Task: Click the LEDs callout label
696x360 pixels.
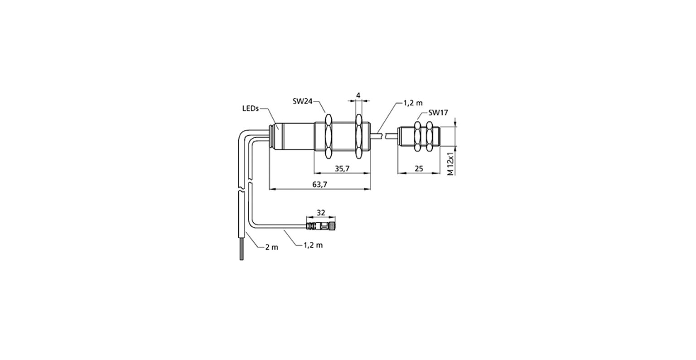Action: (251, 109)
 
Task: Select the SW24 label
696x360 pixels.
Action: (302, 101)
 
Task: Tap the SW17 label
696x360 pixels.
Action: (438, 113)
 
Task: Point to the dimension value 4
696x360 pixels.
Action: (358, 96)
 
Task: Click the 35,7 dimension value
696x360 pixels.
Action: (342, 168)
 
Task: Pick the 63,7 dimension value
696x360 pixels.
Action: (320, 184)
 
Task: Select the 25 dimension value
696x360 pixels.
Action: (419, 168)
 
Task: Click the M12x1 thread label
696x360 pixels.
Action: (450, 163)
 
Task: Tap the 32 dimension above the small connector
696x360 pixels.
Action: (321, 212)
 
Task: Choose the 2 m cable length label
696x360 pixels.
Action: (271, 247)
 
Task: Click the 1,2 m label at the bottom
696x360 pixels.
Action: (313, 245)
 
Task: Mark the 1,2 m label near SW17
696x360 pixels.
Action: (413, 103)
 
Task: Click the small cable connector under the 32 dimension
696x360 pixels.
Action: (321, 226)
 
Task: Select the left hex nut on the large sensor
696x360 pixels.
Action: (328, 137)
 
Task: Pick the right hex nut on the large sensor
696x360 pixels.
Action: (358, 137)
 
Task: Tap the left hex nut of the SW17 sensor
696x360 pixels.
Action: (418, 136)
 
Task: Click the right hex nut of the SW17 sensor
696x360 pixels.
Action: (430, 136)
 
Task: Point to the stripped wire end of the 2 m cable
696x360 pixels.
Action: (242, 250)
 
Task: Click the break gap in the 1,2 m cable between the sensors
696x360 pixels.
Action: (382, 136)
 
